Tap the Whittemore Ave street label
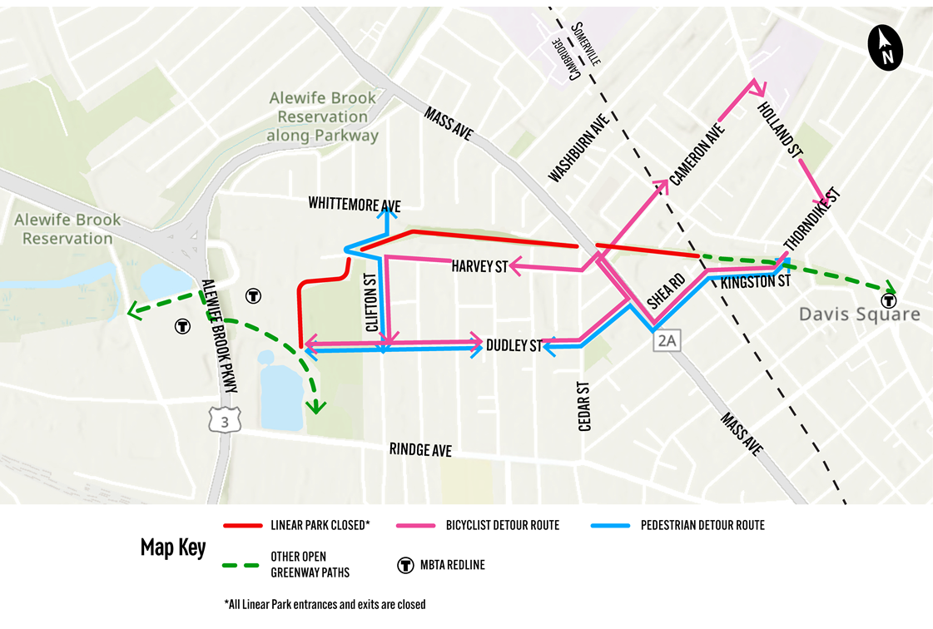[x=354, y=204]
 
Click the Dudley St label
[x=514, y=344]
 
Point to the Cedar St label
[x=584, y=406]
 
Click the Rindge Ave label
[x=420, y=449]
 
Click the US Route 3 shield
[x=225, y=421]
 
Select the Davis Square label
[x=859, y=314]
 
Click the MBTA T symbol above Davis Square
[x=888, y=300]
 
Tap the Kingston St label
[x=755, y=283]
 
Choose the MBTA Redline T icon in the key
[x=405, y=566]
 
